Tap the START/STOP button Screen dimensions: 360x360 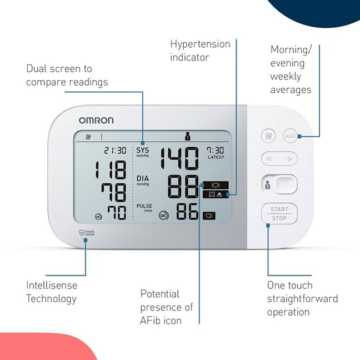[x=279, y=213]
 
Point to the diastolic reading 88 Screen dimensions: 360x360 [x=183, y=186]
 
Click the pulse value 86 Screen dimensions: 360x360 [x=188, y=212]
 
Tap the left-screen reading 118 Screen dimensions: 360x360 [x=110, y=170]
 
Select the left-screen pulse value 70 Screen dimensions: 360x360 [x=117, y=213]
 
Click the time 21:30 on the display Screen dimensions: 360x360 [x=115, y=150]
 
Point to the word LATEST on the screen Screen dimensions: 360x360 [x=216, y=157]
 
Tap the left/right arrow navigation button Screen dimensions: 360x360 [x=279, y=159]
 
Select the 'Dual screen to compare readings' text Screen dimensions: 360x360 [x=67, y=76]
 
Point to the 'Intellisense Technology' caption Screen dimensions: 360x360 [x=52, y=292]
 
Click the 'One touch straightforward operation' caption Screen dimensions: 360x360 [x=302, y=298]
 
